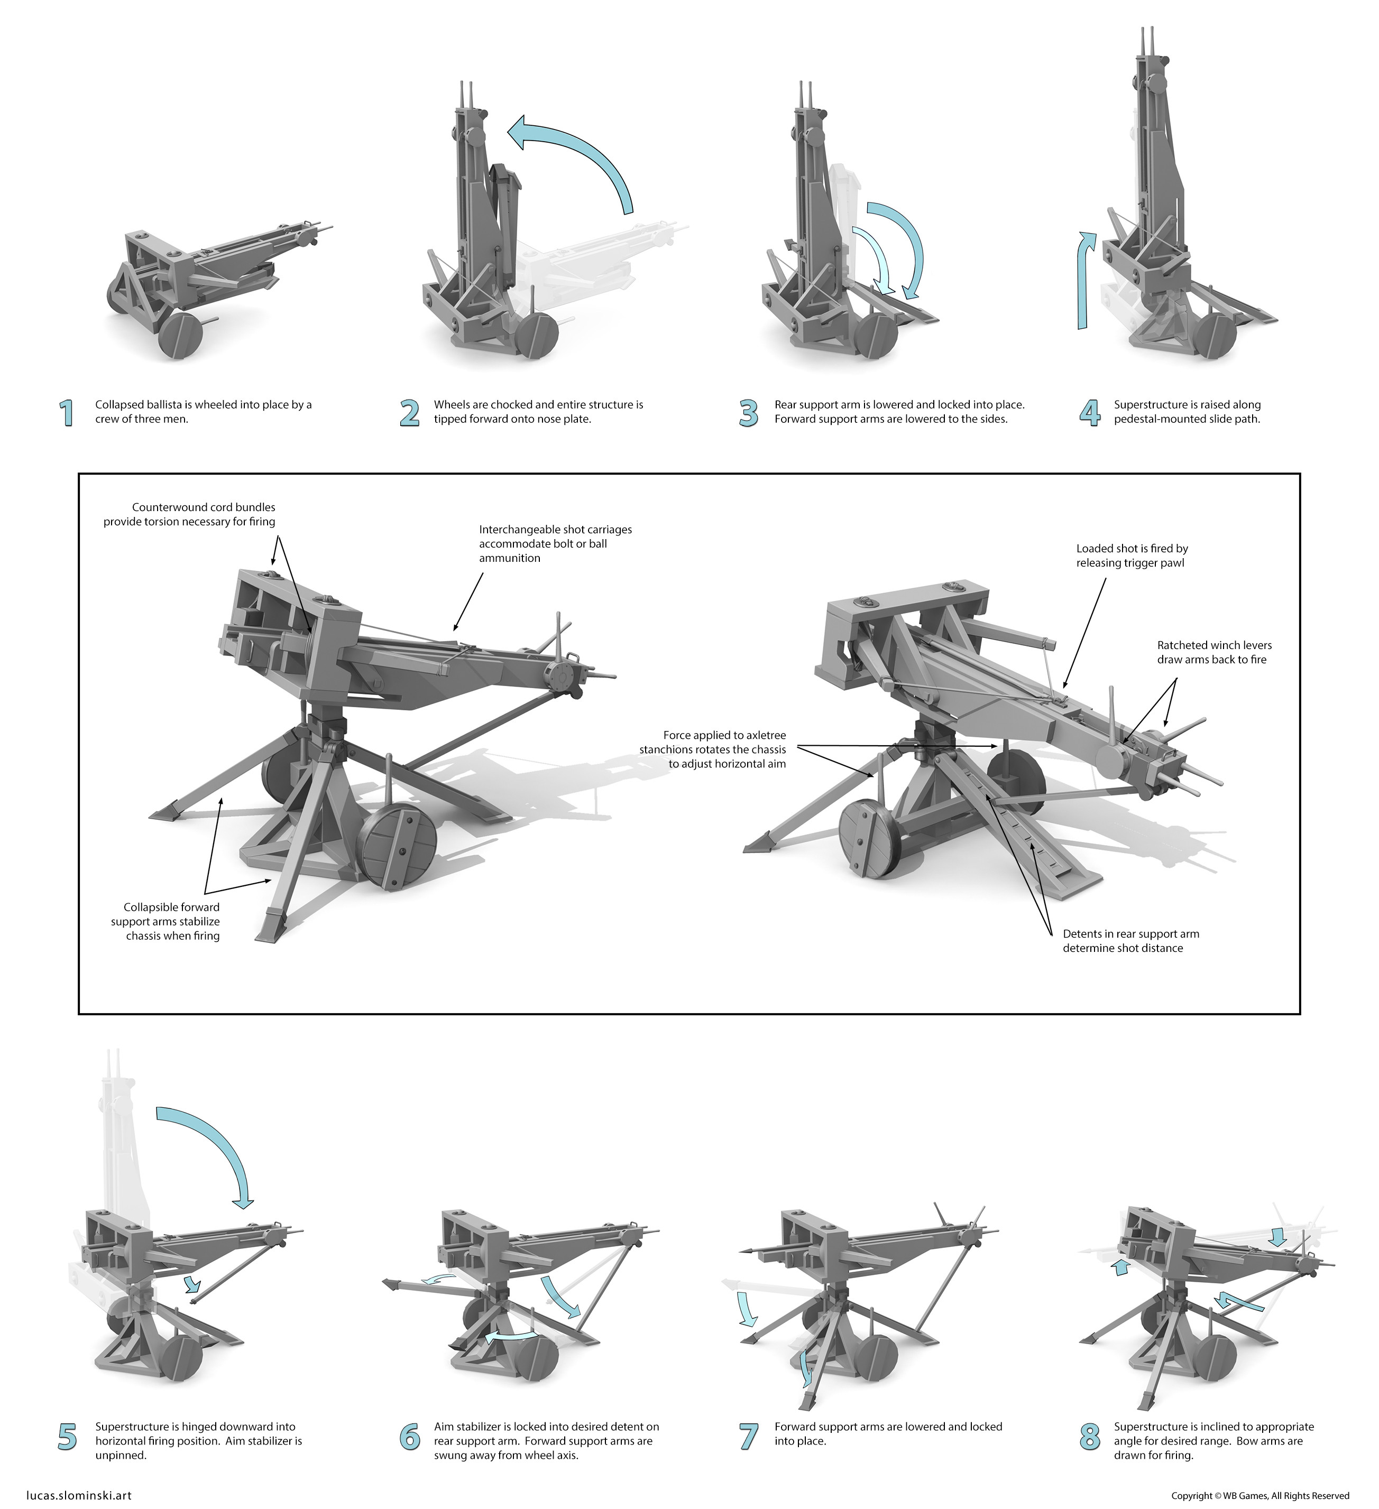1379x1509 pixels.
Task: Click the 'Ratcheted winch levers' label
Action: (x=1213, y=652)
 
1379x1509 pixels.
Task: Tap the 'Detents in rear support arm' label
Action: (x=1130, y=941)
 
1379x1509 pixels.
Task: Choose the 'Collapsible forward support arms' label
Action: (x=166, y=921)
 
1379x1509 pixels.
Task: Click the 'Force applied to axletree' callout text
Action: (x=713, y=749)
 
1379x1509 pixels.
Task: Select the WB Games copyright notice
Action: (x=1260, y=1496)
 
